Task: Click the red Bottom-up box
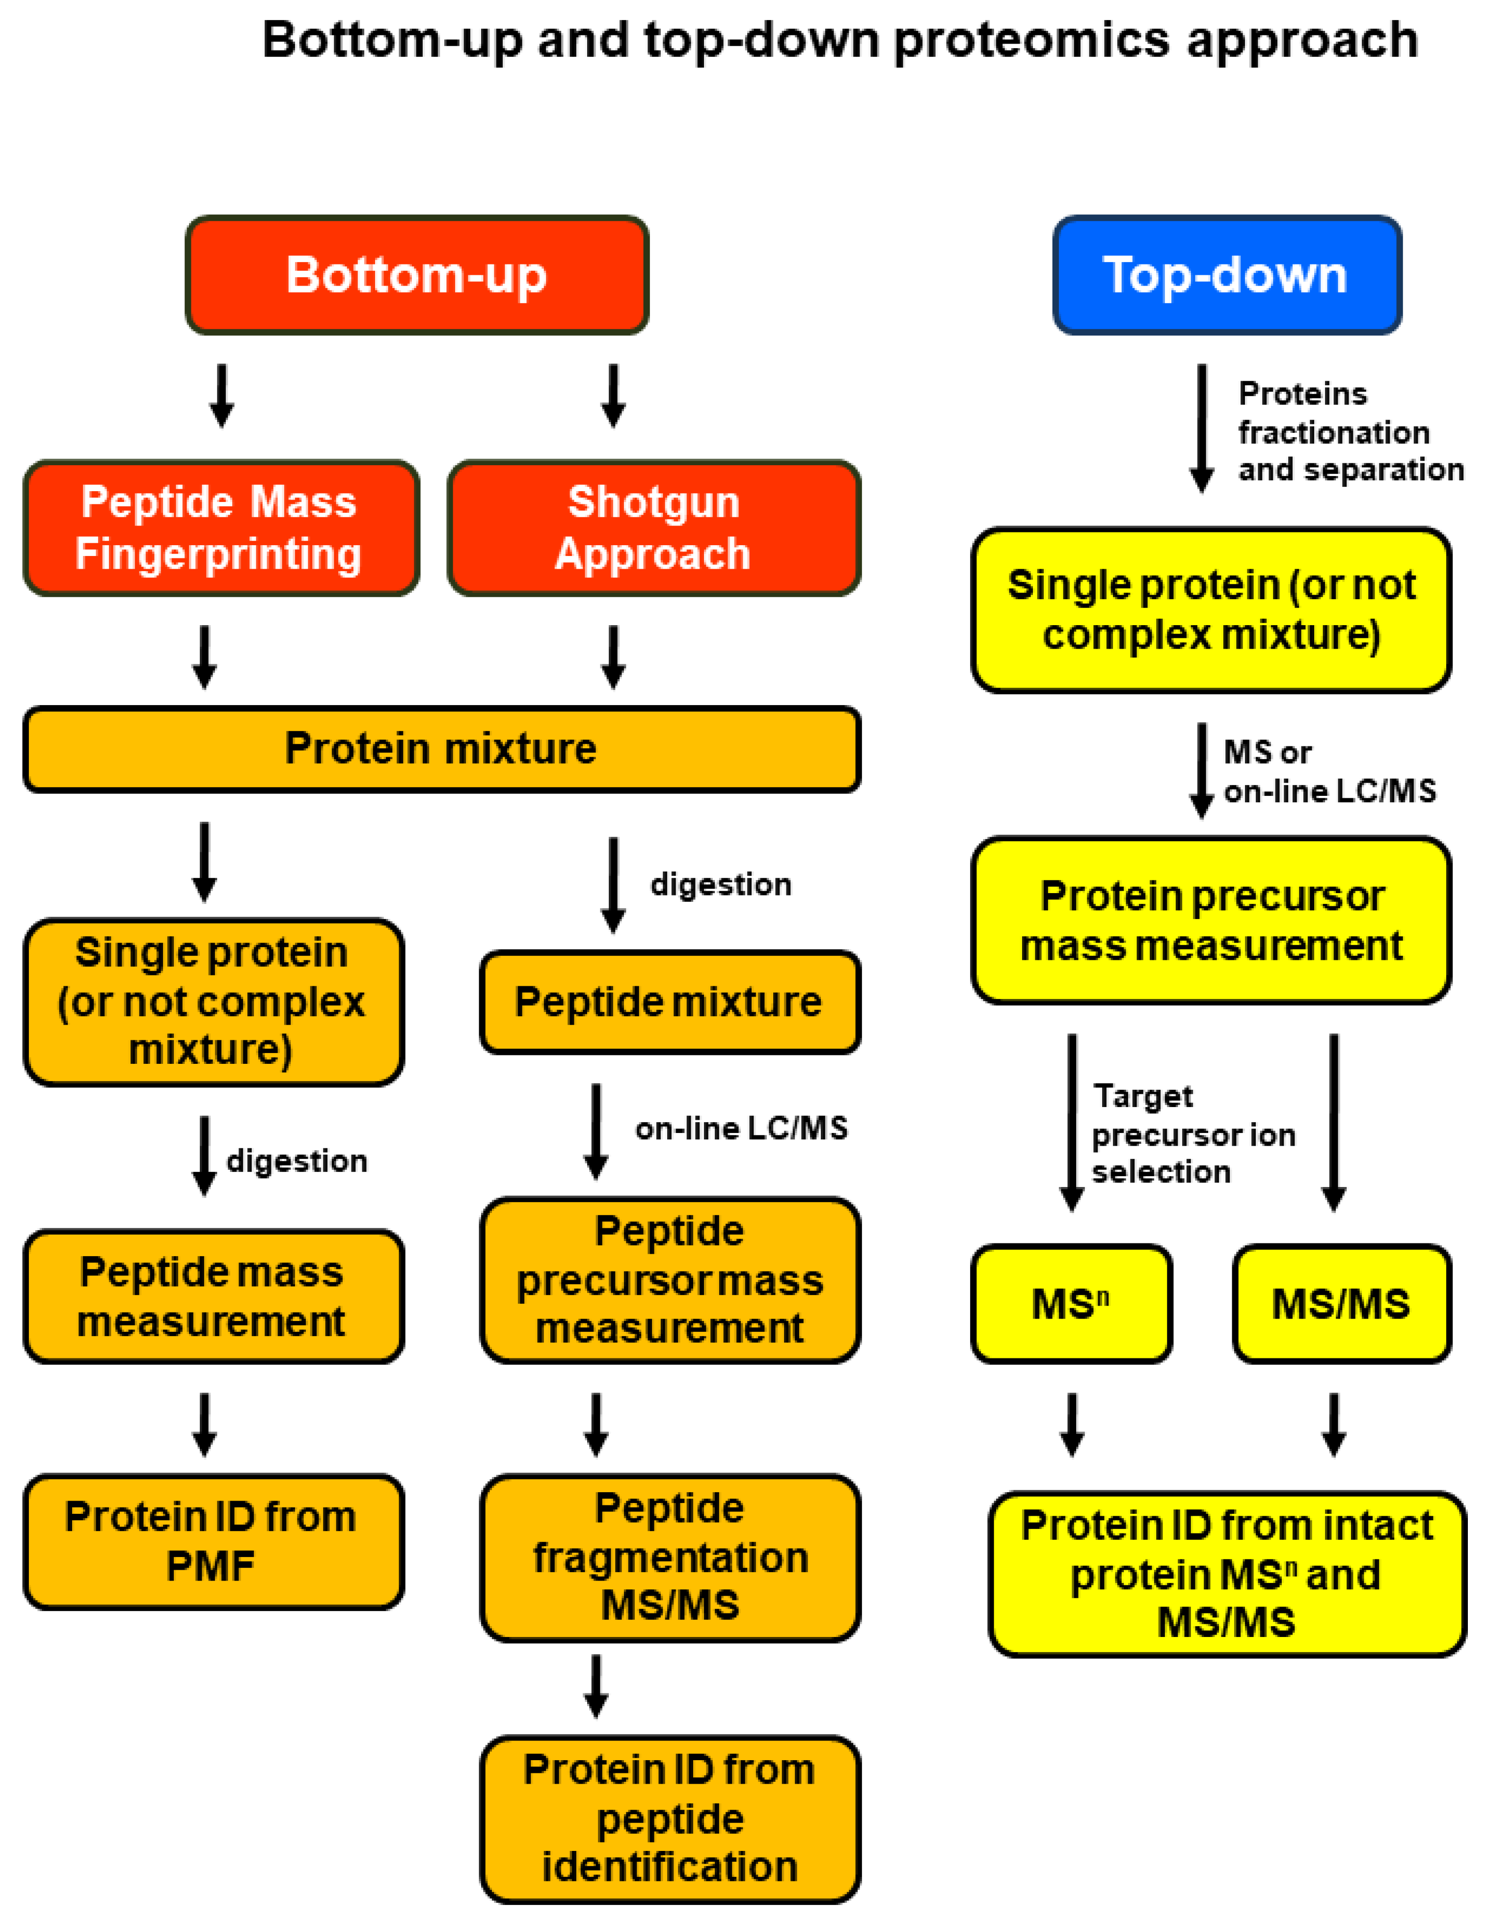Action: [416, 275]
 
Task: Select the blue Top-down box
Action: [1226, 275]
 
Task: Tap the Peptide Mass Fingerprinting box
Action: [219, 528]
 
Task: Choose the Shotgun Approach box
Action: [653, 528]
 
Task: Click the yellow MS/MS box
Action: [1341, 1303]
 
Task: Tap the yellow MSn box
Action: [1071, 1303]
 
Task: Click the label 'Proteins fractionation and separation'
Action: [1350, 432]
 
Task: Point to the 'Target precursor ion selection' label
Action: [1192, 1134]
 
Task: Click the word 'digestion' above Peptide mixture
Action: [721, 885]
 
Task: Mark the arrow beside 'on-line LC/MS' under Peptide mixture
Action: [596, 1132]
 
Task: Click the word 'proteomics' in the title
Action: [1032, 41]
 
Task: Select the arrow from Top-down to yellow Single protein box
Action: [1201, 428]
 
